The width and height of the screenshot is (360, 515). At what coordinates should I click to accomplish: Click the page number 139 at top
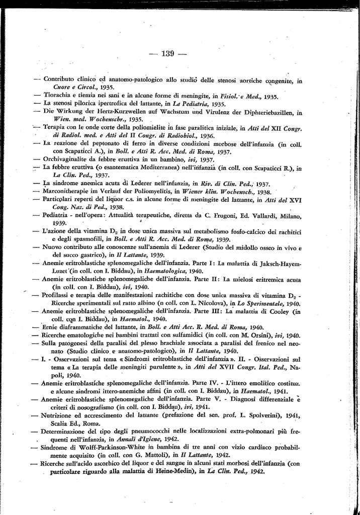point(167,54)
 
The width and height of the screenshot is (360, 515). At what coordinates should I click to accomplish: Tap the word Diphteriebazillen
point(264,112)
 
